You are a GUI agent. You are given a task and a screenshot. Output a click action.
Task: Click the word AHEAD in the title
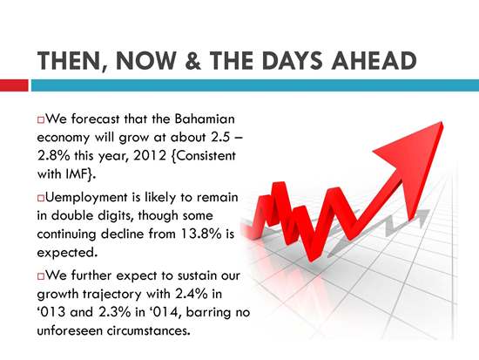pos(374,60)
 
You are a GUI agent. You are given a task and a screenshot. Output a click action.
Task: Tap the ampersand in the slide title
pos(193,60)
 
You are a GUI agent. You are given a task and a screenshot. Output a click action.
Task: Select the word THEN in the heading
pos(69,61)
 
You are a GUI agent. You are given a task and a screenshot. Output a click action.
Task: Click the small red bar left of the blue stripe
pos(14,85)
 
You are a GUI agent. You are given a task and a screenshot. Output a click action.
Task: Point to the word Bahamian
pos(205,119)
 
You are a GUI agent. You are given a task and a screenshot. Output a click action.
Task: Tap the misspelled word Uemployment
pos(86,198)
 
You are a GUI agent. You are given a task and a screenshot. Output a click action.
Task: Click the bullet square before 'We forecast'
pos(41,119)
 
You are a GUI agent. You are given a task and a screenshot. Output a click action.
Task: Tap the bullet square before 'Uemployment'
pos(41,198)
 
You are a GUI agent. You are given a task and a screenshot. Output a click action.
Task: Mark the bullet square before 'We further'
pos(41,276)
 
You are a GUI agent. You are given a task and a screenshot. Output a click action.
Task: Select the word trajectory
pos(112,295)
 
